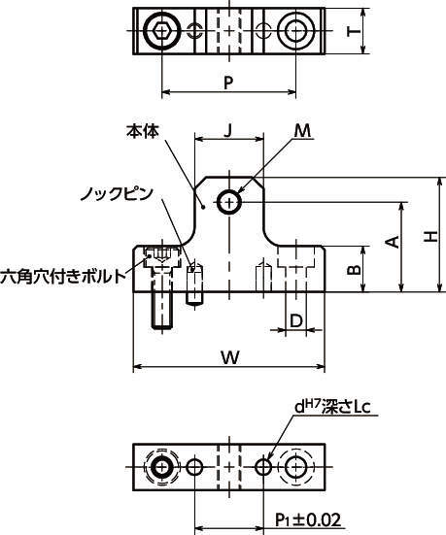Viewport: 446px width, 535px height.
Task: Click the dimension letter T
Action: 354,31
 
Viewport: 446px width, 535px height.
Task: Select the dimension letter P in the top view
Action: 228,83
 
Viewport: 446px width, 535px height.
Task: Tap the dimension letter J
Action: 228,130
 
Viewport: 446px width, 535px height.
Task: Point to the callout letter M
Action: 302,131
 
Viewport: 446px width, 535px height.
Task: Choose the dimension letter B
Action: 354,270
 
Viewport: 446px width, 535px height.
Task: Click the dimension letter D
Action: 296,320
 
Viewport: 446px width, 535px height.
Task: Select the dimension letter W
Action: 230,357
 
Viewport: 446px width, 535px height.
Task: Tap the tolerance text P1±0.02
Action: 308,520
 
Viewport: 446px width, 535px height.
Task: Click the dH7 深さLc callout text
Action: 332,407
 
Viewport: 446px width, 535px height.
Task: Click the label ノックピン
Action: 117,194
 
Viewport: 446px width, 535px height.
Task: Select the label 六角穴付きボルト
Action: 63,276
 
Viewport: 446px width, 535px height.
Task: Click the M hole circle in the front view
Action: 229,202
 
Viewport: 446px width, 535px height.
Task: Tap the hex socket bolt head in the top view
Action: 161,31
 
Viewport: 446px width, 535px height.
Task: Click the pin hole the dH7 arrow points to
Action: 263,467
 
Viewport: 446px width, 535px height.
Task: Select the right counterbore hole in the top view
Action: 295,30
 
